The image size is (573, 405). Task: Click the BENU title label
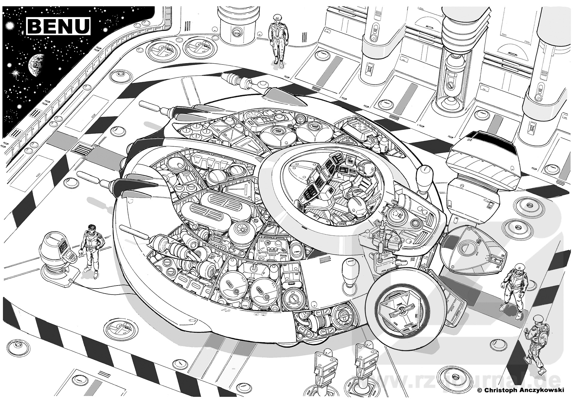tap(58, 25)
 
